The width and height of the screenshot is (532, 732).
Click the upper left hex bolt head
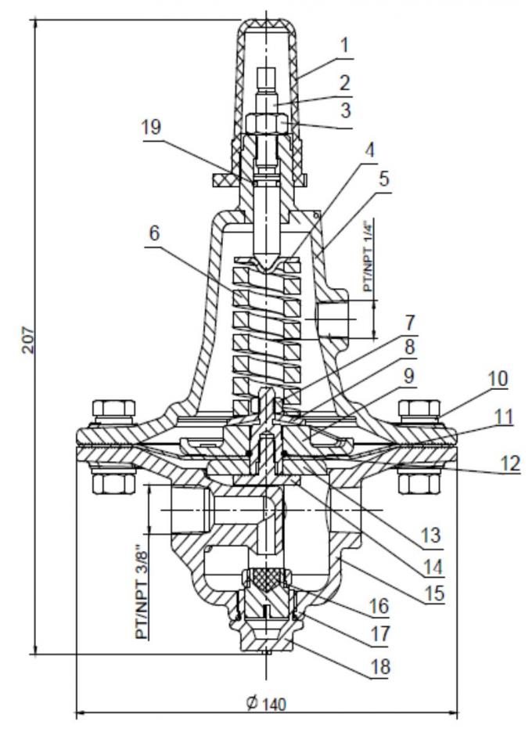[x=106, y=409]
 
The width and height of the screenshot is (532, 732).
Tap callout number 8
[x=410, y=345]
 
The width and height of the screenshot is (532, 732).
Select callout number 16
[x=379, y=606]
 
